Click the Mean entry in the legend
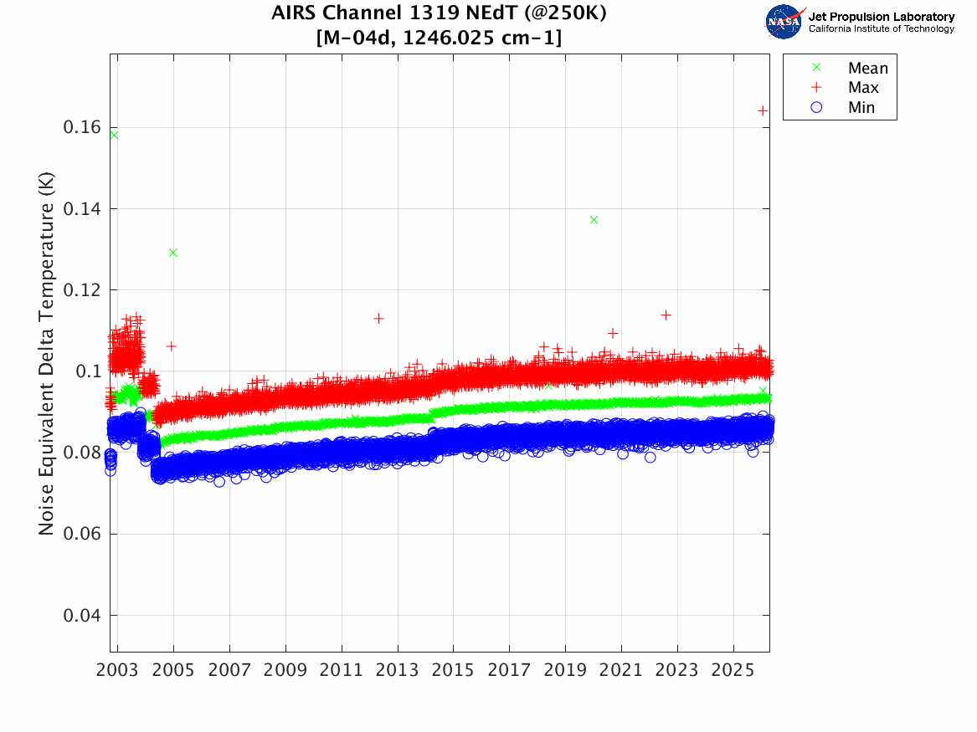(x=866, y=69)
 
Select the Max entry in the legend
(x=862, y=88)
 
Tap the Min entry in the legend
(x=861, y=108)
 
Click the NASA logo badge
(x=784, y=22)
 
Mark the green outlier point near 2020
(x=594, y=220)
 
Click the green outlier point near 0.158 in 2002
(x=114, y=135)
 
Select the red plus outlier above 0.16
(x=763, y=110)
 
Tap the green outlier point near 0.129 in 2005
(x=173, y=253)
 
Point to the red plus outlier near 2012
(x=378, y=319)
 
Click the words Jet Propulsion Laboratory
(x=882, y=17)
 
